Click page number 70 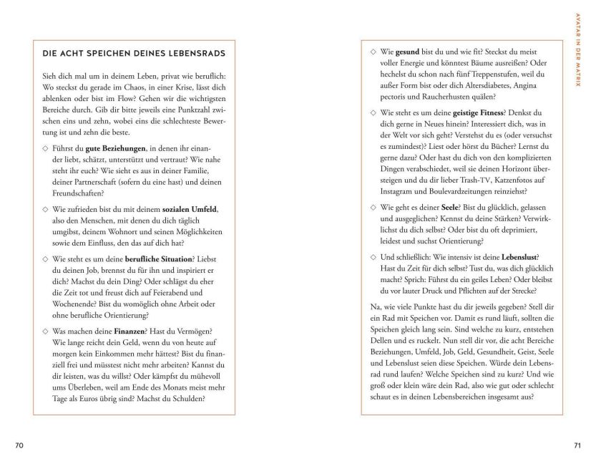[x=19, y=445]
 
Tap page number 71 [x=577, y=445]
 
